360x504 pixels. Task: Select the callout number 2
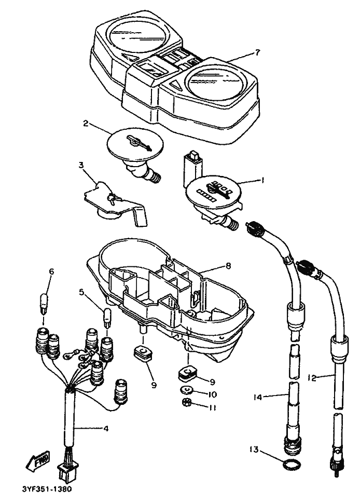86,124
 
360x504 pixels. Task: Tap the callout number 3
81,166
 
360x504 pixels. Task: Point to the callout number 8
228,266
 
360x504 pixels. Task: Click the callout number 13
254,449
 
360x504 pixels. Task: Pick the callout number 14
258,397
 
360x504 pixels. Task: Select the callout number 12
311,378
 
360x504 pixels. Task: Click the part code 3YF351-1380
47,489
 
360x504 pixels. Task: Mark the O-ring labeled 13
293,464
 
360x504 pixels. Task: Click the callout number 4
106,429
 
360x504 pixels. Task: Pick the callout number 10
212,394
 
